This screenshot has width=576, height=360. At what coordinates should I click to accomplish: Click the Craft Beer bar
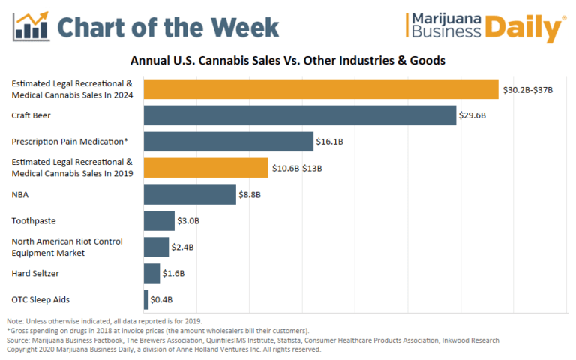(300, 115)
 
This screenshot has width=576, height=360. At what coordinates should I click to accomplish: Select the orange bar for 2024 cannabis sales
(321, 89)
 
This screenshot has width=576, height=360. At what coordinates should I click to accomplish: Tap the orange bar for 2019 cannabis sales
(205, 168)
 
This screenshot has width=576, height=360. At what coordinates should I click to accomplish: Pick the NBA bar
(190, 195)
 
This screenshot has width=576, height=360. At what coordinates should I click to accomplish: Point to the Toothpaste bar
(159, 221)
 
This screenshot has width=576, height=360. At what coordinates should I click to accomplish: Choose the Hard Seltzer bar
(151, 274)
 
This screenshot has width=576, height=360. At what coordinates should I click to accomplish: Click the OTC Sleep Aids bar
(145, 300)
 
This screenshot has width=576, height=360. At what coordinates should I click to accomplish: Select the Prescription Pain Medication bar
(229, 142)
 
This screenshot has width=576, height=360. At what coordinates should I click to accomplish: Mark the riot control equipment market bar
(156, 247)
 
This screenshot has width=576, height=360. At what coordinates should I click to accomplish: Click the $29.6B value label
(472, 115)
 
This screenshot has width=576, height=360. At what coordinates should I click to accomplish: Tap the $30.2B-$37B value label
(526, 89)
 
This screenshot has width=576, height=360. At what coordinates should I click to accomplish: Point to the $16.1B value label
(330, 142)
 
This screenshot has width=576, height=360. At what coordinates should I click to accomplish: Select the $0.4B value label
(161, 300)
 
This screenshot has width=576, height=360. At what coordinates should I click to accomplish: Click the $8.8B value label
(250, 195)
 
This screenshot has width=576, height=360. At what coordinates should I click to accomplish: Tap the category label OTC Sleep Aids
(40, 300)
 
